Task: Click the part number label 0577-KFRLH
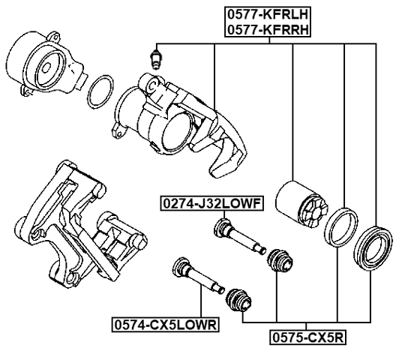click(263, 13)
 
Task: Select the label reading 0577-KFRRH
click(263, 30)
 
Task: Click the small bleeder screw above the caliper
click(155, 58)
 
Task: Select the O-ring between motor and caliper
click(99, 91)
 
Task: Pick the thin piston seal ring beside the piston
click(339, 226)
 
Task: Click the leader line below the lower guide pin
click(201, 304)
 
